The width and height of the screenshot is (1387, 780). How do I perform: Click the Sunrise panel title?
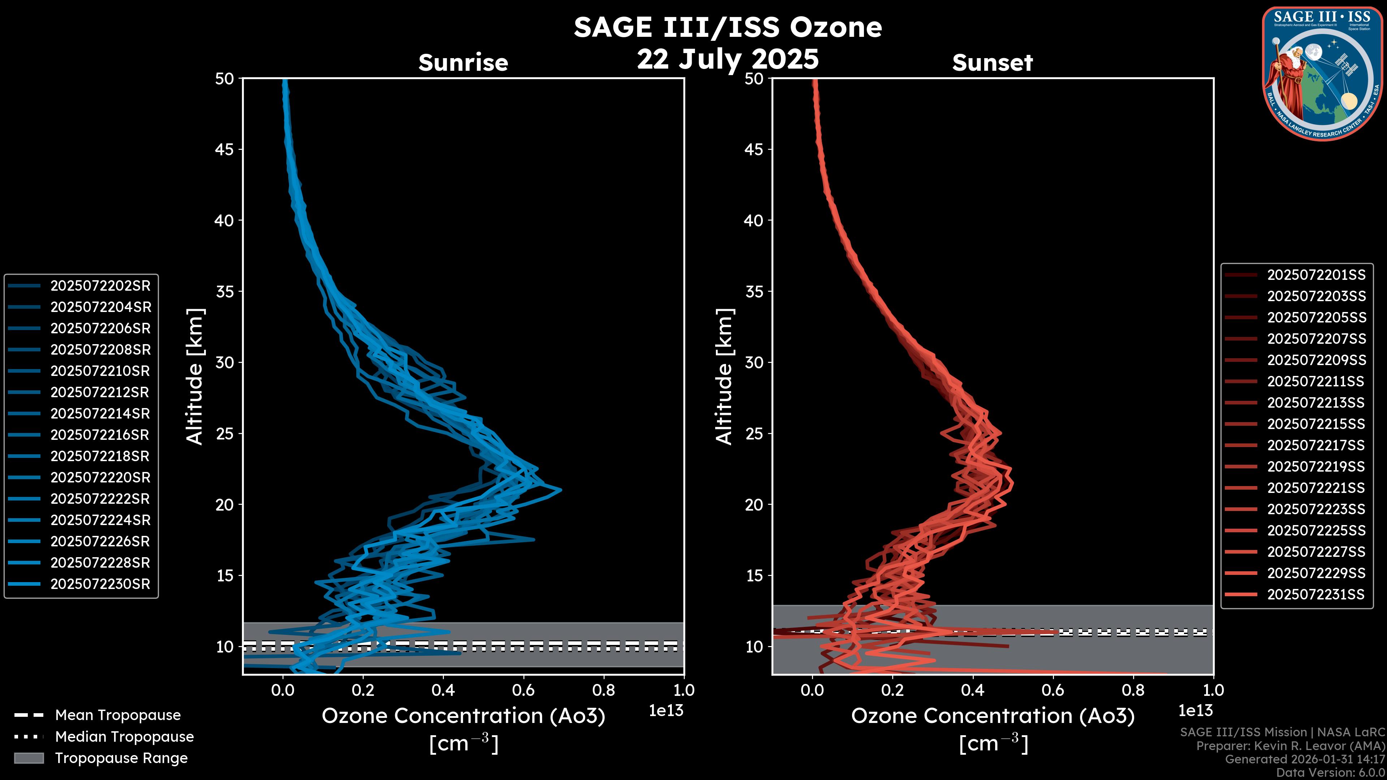(463, 62)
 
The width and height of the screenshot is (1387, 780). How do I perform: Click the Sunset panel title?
(992, 62)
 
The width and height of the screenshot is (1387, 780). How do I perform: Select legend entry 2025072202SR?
(100, 286)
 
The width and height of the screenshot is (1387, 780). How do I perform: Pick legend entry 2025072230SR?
(100, 584)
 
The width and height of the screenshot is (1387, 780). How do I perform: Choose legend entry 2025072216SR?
(100, 435)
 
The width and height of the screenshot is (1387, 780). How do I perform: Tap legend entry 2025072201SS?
(1316, 275)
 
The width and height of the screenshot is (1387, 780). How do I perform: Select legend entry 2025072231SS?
(1316, 594)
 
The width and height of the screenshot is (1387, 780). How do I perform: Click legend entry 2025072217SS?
(1316, 446)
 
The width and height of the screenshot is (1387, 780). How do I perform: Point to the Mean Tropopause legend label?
(118, 715)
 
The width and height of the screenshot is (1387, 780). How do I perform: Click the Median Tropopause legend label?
(124, 737)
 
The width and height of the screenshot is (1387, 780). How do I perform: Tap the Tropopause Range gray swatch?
(29, 758)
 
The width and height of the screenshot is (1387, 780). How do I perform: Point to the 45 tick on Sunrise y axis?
(225, 149)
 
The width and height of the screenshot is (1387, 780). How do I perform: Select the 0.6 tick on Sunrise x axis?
(523, 690)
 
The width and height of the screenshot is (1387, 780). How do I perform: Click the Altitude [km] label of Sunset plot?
(725, 377)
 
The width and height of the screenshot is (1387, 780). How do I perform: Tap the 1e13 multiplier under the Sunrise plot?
(665, 711)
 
